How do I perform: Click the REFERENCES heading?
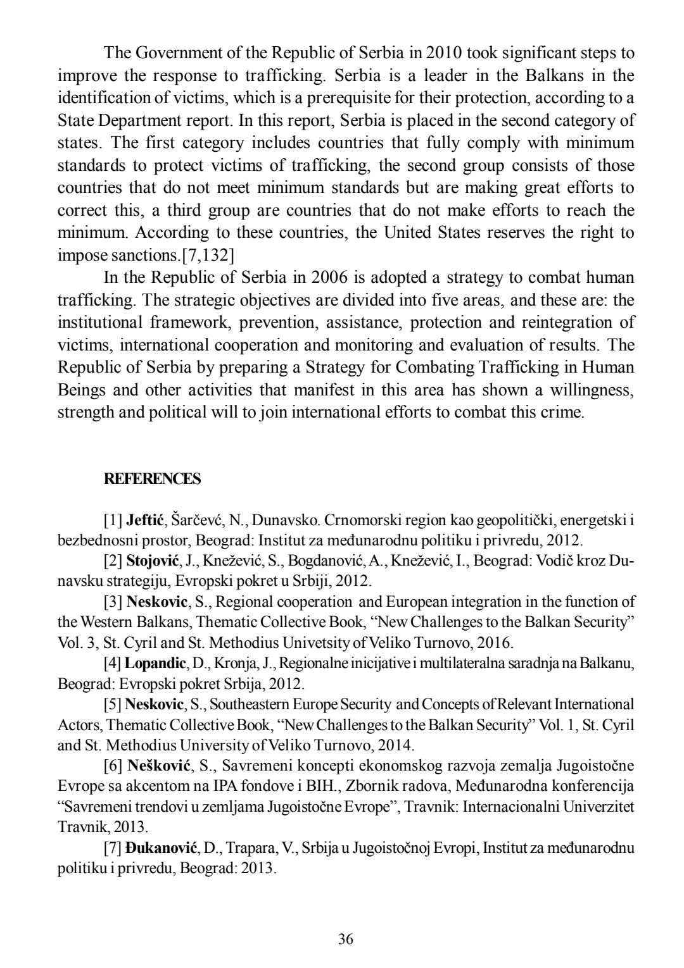152,479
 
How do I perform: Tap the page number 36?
345,938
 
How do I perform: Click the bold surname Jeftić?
146,521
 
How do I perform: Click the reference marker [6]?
113,766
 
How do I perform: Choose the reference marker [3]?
113,602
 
